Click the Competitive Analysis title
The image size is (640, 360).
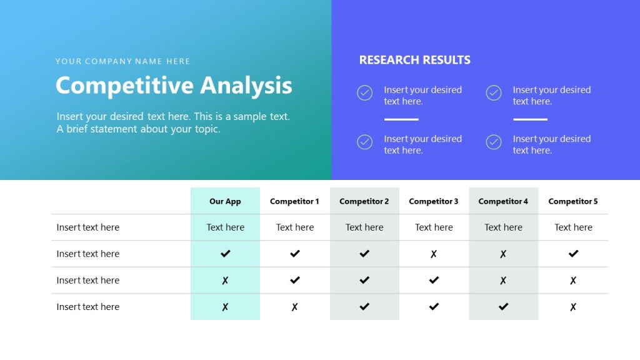click(174, 86)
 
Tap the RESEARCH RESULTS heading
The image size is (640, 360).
click(414, 60)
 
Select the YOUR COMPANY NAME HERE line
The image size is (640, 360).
click(122, 61)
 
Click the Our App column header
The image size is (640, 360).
click(225, 201)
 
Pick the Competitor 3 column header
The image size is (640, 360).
click(434, 201)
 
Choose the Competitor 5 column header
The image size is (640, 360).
click(573, 201)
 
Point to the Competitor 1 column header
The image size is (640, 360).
click(294, 201)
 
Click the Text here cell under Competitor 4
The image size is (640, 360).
click(503, 227)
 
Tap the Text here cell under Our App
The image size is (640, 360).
click(225, 227)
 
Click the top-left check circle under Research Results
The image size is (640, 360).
click(365, 93)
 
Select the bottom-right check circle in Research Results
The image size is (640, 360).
click(494, 142)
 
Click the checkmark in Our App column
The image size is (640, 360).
click(226, 254)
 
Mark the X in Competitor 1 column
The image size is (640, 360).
click(295, 307)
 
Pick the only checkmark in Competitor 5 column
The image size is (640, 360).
click(573, 254)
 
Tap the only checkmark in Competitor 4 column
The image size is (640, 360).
click(503, 307)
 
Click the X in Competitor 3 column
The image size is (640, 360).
click(434, 254)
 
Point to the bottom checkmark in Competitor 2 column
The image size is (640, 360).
click(364, 307)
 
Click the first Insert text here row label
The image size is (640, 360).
click(88, 227)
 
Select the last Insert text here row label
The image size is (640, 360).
click(88, 307)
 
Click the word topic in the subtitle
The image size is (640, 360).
click(206, 129)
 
